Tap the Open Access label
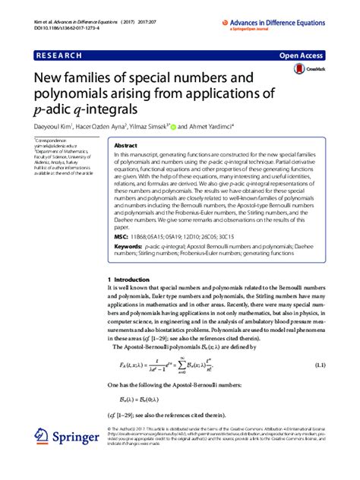302,55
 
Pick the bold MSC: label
122,238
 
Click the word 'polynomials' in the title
71,94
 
